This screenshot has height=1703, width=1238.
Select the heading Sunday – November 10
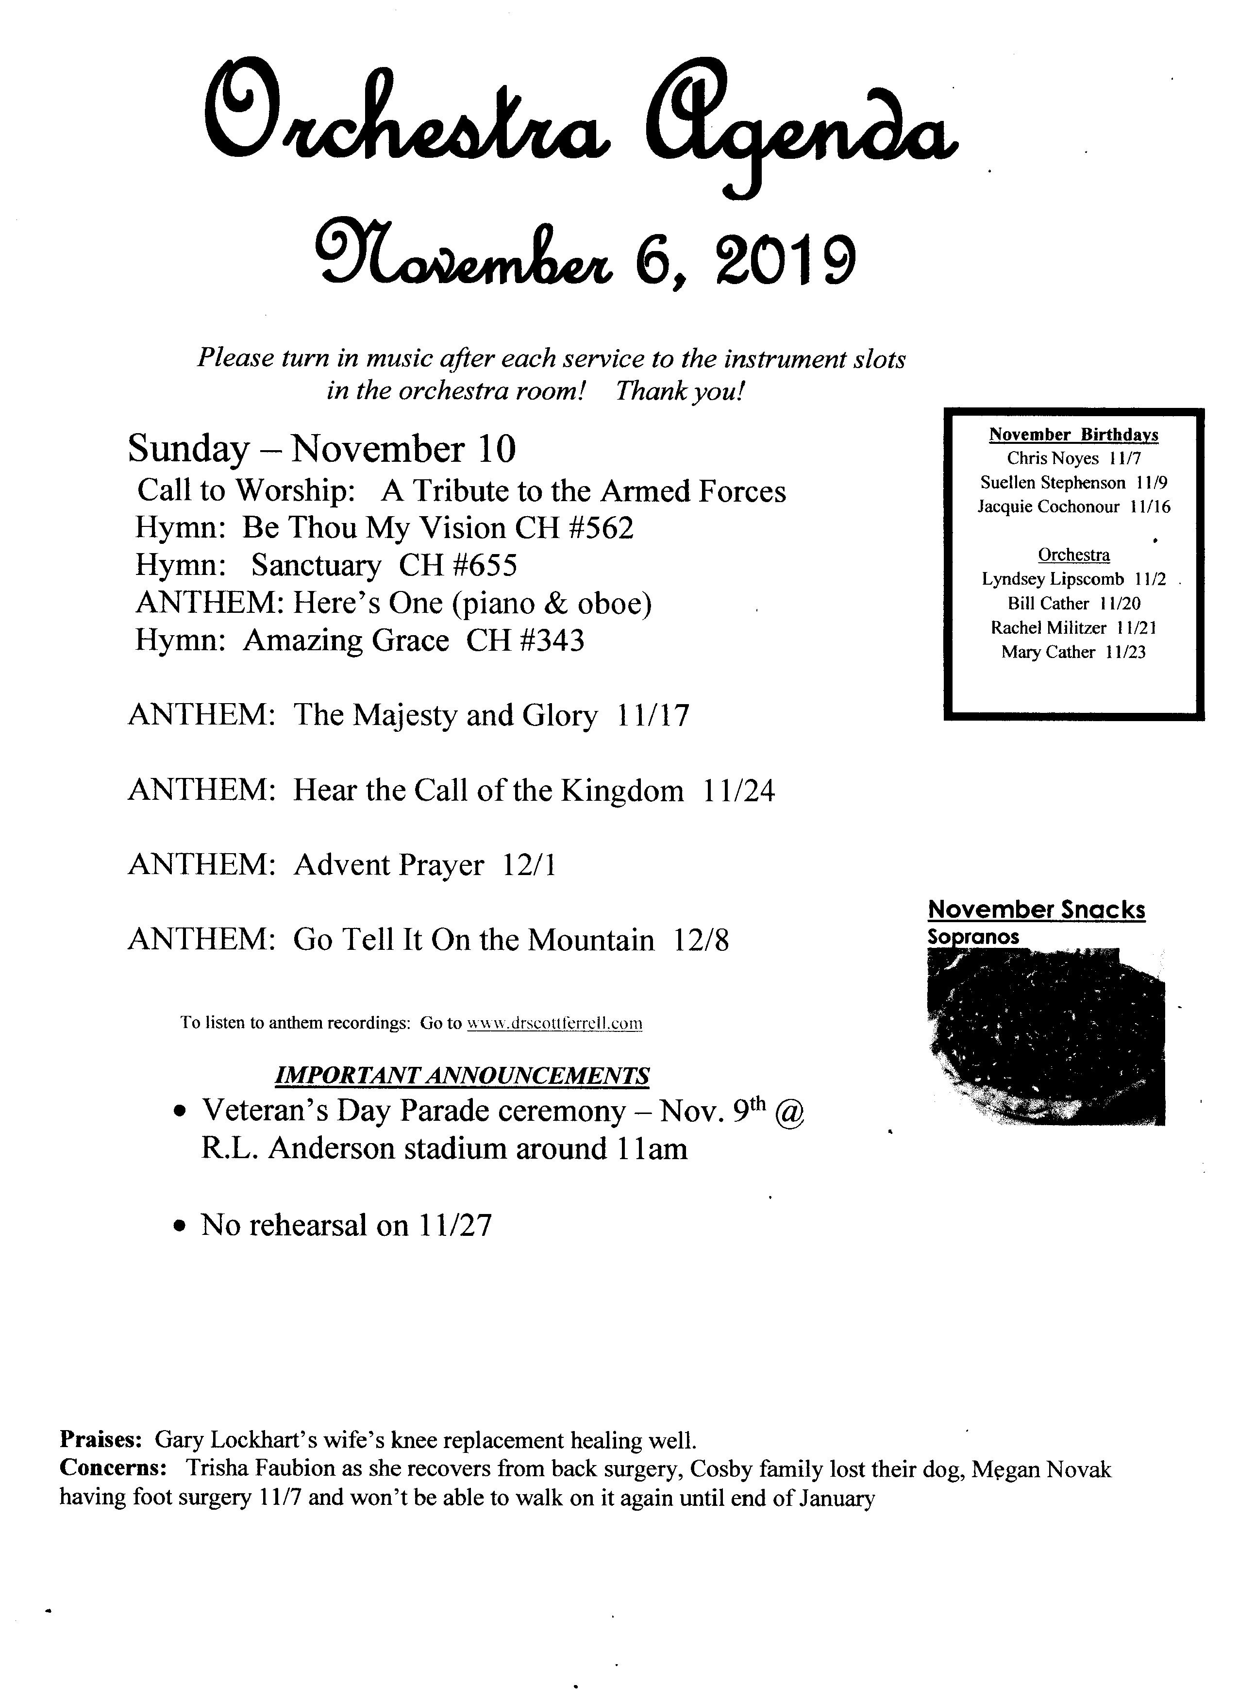point(322,450)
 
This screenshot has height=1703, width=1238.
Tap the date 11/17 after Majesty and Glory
point(652,716)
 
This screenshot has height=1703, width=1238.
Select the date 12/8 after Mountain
point(701,940)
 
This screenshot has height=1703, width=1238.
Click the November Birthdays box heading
point(1073,435)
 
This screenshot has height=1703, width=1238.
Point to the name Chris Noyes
point(1053,459)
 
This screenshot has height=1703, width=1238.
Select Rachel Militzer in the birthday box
point(1048,628)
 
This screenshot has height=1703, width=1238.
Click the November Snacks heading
point(1036,910)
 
